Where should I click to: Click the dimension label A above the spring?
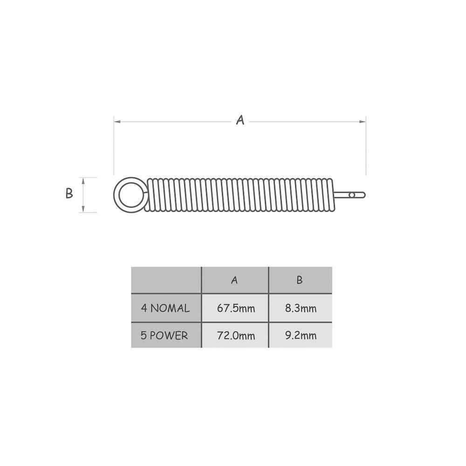tap(240, 120)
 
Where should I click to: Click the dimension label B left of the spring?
tap(69, 193)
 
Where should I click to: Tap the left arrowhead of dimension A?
tap(117, 122)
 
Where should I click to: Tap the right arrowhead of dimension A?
tap(363, 122)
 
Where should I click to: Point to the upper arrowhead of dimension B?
tap(83, 181)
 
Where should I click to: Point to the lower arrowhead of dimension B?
tap(83, 209)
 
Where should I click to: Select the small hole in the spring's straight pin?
tap(352, 195)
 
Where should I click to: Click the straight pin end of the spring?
tap(350, 195)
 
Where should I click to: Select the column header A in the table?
tap(235, 280)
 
